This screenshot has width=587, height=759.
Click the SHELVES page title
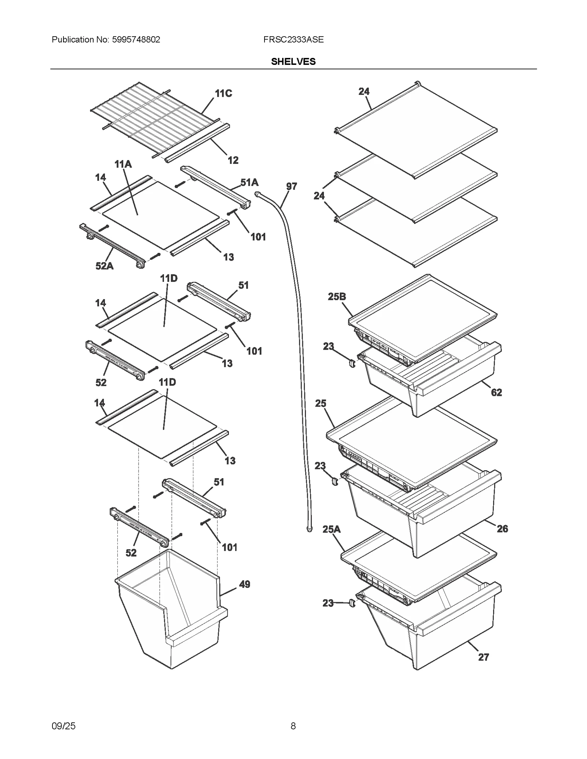tap(293, 62)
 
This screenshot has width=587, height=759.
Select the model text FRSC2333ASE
tap(293, 40)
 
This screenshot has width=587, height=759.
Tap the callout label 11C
tap(223, 93)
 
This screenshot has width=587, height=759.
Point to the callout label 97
tap(291, 186)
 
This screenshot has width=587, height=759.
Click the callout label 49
tap(244, 584)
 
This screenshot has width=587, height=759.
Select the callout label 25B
tap(336, 296)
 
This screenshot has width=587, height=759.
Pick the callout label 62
tap(496, 393)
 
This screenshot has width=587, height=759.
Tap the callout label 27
tap(484, 657)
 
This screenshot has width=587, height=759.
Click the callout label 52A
tap(105, 266)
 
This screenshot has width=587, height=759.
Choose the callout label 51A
tap(249, 182)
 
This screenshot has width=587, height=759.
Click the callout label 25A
tap(331, 529)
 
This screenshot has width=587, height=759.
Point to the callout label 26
tap(502, 528)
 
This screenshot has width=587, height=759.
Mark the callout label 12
tap(233, 160)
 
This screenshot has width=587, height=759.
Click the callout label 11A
tap(123, 164)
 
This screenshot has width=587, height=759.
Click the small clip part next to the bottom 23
tap(352, 603)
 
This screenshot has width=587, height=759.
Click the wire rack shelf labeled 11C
tap(154, 117)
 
